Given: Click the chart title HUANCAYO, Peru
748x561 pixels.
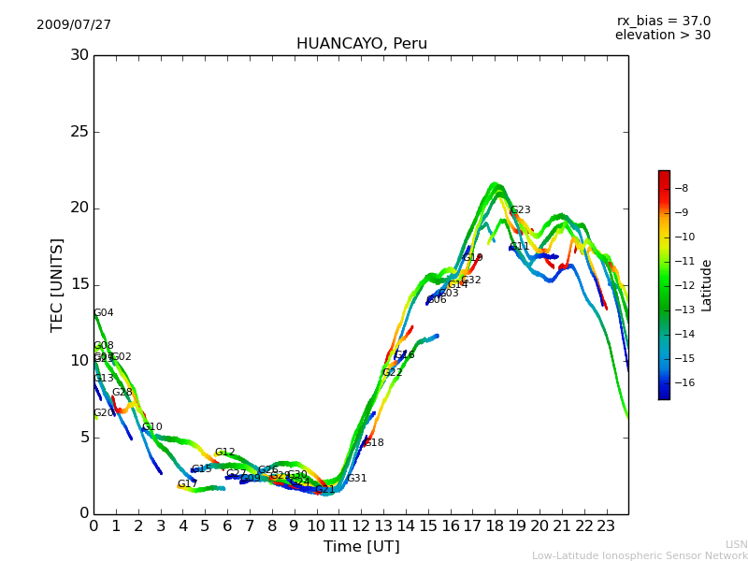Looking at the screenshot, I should point(361,44).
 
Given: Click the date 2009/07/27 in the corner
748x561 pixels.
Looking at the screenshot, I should point(74,25).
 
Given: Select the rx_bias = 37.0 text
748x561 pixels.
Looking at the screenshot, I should point(663,21).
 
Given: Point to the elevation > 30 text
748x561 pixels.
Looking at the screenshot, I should point(662,36).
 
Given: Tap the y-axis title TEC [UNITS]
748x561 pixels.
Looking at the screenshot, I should point(58,284).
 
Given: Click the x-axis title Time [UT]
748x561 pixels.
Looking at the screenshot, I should point(361,547).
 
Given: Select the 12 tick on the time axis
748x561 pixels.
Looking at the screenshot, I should point(361,526).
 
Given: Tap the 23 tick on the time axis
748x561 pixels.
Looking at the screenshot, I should point(606,526).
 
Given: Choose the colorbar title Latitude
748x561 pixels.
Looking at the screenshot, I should point(707,285).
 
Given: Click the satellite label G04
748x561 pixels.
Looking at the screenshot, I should point(104,313).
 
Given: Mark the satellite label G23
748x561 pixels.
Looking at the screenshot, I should point(520,210).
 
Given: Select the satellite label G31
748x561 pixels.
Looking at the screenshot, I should point(357,479).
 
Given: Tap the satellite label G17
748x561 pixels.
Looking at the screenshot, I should point(187,484).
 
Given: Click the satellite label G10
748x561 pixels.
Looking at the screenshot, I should point(152,427).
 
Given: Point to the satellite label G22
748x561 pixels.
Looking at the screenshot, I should point(393,373).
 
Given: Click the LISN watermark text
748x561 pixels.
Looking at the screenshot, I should point(736,544).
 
